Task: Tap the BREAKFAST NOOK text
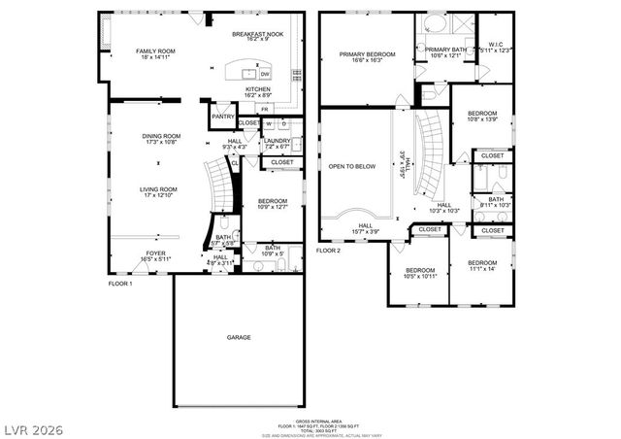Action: point(256,34)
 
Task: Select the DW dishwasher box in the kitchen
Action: point(265,74)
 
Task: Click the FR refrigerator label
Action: point(264,109)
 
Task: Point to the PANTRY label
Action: point(223,116)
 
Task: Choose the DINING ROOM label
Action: point(162,136)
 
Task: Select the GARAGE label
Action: point(239,337)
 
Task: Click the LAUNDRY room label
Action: point(278,140)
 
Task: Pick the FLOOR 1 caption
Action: point(120,284)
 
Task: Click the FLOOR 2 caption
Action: point(329,250)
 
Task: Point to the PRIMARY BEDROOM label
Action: point(366,54)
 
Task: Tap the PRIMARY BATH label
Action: point(445,50)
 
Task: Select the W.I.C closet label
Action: point(495,43)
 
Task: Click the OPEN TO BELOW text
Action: point(351,166)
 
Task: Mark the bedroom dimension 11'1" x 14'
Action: point(482,269)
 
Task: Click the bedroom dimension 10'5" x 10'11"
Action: point(420,276)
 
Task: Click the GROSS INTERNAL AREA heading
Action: point(310,420)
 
